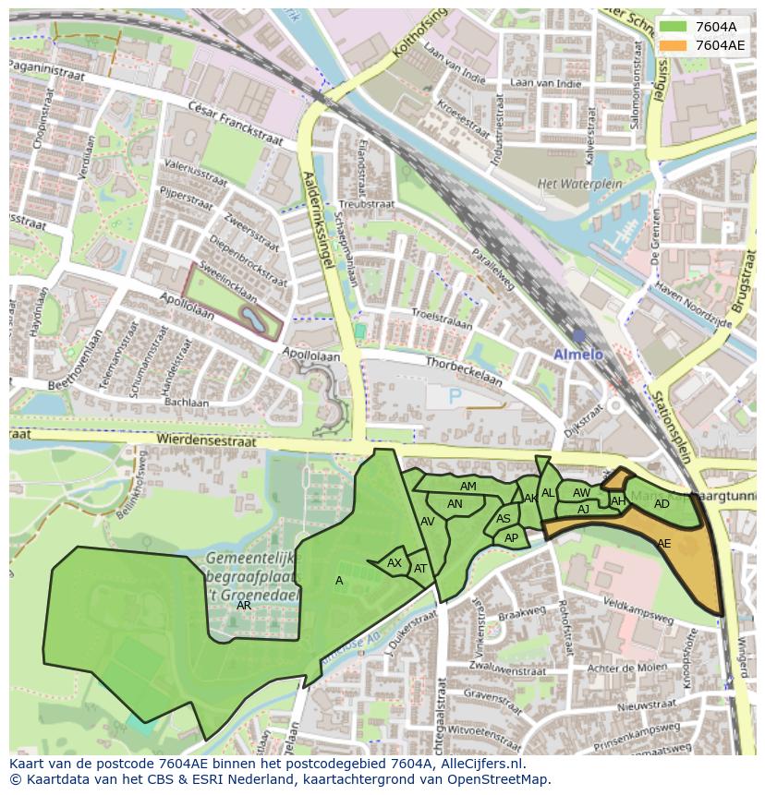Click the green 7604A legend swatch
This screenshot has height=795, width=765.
coord(675,27)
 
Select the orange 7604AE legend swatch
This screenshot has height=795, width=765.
coord(675,45)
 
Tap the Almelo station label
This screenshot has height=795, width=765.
coord(577,355)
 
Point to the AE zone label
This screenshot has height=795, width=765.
coord(663,544)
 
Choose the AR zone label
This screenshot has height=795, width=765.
coord(244,606)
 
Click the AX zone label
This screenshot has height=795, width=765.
coord(395,563)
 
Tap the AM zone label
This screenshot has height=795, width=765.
coord(468,487)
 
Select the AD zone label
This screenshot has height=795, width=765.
coord(662,504)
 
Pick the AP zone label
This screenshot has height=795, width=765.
coord(511,537)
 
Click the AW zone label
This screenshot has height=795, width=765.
coord(581,493)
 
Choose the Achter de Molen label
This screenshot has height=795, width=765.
coord(627,668)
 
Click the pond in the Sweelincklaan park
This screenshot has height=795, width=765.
coord(251,319)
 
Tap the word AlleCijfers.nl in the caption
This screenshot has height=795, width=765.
coord(481,765)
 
